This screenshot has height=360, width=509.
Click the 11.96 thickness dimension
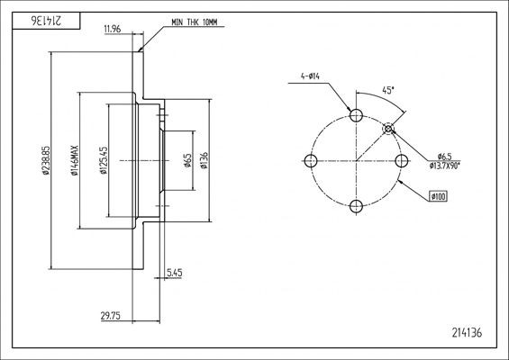pyautogui.click(x=113, y=29)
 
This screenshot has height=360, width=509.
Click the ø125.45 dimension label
pyautogui.click(x=105, y=161)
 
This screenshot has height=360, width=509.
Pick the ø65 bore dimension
pyautogui.click(x=186, y=162)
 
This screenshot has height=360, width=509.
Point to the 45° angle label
pyautogui.click(x=386, y=90)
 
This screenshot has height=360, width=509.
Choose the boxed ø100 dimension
pyautogui.click(x=441, y=195)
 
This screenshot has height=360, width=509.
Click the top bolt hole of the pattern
pyautogui.click(x=356, y=116)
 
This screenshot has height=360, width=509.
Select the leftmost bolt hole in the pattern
pyautogui.click(x=312, y=160)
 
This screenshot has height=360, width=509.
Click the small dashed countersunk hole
pyautogui.click(x=388, y=129)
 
